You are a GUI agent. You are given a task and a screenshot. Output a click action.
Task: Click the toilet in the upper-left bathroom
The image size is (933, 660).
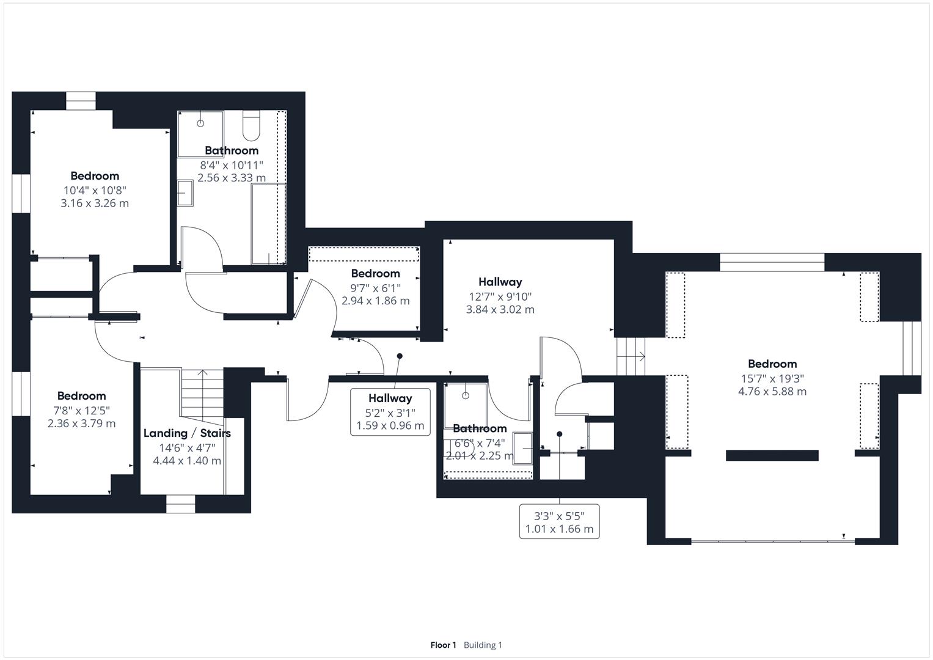pyautogui.click(x=251, y=125)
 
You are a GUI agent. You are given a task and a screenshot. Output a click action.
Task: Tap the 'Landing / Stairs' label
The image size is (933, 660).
pyautogui.click(x=187, y=433)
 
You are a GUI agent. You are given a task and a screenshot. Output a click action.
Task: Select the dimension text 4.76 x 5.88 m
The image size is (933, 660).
pyautogui.click(x=772, y=392)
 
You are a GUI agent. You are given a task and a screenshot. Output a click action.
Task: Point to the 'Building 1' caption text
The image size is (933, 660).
pyautogui.click(x=483, y=645)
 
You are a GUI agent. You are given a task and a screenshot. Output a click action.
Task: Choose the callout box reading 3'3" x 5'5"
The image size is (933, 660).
pyautogui.click(x=560, y=522)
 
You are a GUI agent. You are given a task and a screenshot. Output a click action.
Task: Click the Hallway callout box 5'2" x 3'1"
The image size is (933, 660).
pyautogui.click(x=390, y=412)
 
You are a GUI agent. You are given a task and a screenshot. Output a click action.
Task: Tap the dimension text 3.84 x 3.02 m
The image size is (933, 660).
pyautogui.click(x=500, y=310)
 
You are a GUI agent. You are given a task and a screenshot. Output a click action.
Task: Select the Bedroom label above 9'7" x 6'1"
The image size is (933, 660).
pyautogui.click(x=375, y=274)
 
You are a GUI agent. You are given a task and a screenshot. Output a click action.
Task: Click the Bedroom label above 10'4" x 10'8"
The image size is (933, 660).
pyautogui.click(x=95, y=176)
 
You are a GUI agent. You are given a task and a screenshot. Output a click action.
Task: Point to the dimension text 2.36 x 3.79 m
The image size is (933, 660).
pyautogui.click(x=82, y=424)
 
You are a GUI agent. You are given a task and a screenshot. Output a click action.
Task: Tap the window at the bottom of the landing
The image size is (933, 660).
pyautogui.click(x=181, y=504)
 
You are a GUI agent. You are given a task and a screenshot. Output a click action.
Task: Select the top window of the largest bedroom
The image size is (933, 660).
pyautogui.click(x=772, y=262)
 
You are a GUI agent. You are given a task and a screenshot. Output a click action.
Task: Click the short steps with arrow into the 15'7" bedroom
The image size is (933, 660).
pyautogui.click(x=631, y=357)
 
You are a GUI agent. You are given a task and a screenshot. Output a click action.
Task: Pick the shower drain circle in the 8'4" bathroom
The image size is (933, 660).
pyautogui.click(x=200, y=123)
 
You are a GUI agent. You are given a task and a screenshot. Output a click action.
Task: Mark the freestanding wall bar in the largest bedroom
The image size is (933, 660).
pyautogui.click(x=772, y=455)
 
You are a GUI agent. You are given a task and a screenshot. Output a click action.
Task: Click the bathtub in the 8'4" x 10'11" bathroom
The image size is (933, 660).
pyautogui.click(x=269, y=224)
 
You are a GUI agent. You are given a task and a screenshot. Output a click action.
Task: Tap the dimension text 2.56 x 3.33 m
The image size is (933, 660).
pyautogui.click(x=232, y=178)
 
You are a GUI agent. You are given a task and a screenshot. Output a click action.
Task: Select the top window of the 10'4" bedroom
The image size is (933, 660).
pyautogui.click(x=81, y=101)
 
